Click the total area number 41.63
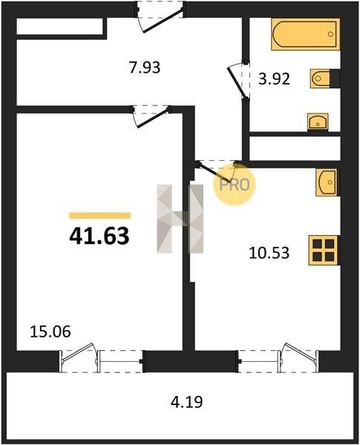pyautogui.click(x=99, y=237)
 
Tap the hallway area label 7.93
pyautogui.click(x=145, y=67)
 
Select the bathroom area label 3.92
pyautogui.click(x=274, y=79)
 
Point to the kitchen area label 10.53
pyautogui.click(x=269, y=253)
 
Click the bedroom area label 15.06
pyautogui.click(x=50, y=332)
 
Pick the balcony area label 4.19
pyautogui.click(x=186, y=402)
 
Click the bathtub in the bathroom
pyautogui.click(x=306, y=34)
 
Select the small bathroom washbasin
pyautogui.click(x=318, y=122)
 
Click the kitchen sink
pyautogui.click(x=327, y=182)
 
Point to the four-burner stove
pyautogui.click(x=324, y=251)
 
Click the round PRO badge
pyautogui.click(x=235, y=185)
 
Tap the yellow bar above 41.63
pyautogui.click(x=99, y=216)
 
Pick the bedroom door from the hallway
pyautogui.click(x=151, y=116)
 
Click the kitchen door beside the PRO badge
pyautogui.click(x=217, y=171)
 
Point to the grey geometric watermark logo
pyautogui.click(x=180, y=219)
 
